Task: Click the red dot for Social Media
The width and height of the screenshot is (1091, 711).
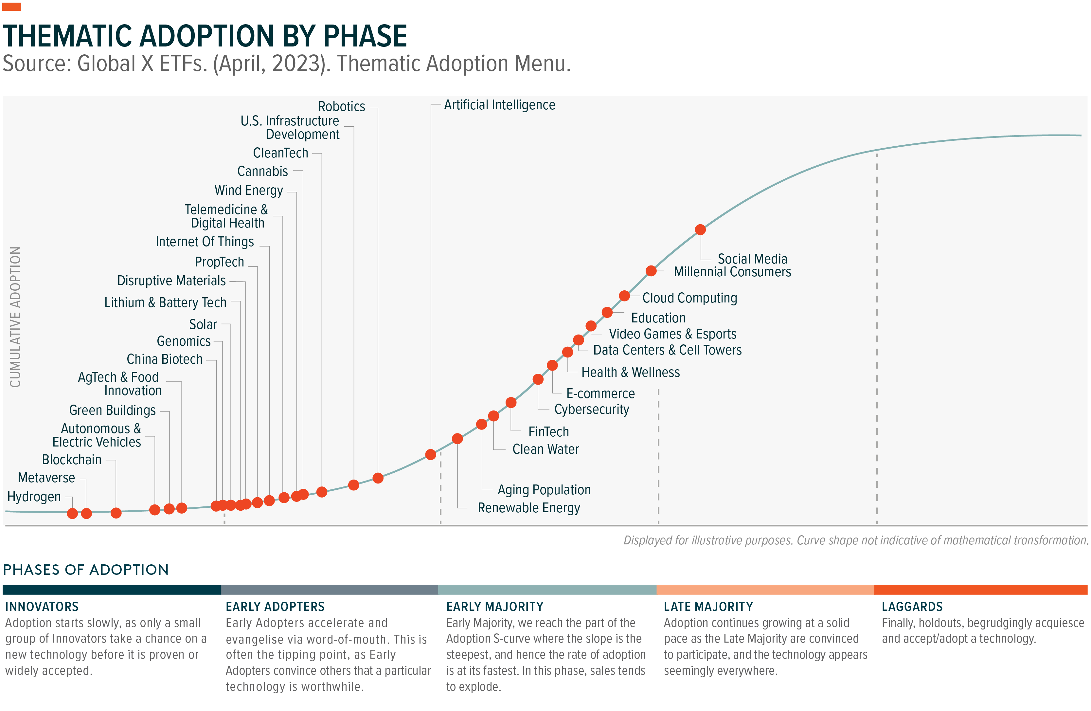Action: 700,230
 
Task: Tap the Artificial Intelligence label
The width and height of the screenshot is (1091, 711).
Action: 499,105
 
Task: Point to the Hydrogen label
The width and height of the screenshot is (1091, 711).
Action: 34,497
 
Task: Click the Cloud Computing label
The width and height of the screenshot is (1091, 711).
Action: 689,298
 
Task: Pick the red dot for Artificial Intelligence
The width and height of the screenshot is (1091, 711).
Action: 430,455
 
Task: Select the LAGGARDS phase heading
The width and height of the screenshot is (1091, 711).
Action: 912,607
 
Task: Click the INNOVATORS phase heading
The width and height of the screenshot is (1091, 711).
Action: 42,607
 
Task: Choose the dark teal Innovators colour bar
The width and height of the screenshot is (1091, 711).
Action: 111,590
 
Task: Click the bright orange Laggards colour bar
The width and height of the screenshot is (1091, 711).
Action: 980,590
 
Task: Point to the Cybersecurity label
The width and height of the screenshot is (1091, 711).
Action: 591,409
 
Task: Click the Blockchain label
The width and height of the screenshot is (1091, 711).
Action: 72,460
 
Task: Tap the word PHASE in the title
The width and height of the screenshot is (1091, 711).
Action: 365,36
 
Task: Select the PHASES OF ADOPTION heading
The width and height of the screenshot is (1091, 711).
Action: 86,570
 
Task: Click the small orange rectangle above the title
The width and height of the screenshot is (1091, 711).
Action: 11,7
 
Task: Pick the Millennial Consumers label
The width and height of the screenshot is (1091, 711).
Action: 732,272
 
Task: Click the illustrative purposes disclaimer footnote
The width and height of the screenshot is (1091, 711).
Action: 855,540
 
